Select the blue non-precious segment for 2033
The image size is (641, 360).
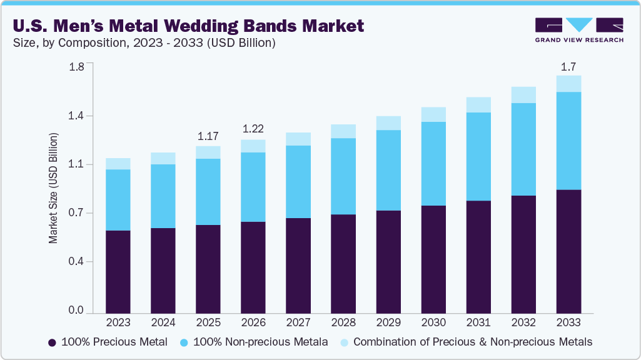[568, 141]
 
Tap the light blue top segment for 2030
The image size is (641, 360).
[433, 114]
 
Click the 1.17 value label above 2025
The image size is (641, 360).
[208, 136]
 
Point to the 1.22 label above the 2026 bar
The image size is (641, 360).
[253, 129]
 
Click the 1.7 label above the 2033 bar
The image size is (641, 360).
[568, 66]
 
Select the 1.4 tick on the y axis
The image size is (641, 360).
[76, 116]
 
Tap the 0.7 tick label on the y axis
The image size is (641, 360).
[76, 213]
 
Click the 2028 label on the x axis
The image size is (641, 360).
[343, 323]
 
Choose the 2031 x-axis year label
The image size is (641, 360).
[478, 323]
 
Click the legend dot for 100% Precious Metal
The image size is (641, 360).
[53, 342]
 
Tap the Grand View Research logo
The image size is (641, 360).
[579, 29]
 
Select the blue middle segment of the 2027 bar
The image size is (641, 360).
[298, 182]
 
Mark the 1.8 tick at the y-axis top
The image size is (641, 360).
[76, 67]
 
